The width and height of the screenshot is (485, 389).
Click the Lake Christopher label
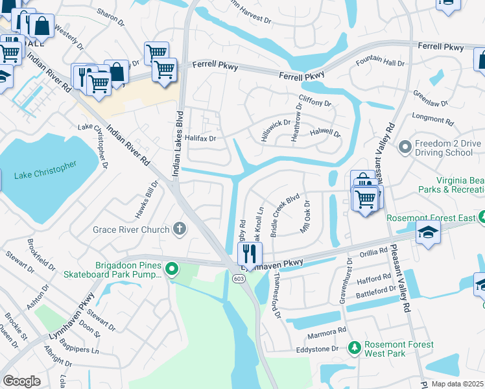click(45, 171)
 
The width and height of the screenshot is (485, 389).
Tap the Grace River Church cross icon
click(180, 229)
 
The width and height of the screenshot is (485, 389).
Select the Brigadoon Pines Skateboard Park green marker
click(171, 268)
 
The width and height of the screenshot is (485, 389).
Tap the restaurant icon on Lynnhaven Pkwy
click(249, 253)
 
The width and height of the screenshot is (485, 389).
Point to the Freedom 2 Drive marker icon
click(406, 147)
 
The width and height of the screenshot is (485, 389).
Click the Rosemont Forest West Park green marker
click(355, 349)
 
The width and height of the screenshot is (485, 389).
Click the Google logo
click(21, 381)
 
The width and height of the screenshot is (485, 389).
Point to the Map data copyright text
click(458, 384)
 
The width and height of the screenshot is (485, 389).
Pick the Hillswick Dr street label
click(277, 125)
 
